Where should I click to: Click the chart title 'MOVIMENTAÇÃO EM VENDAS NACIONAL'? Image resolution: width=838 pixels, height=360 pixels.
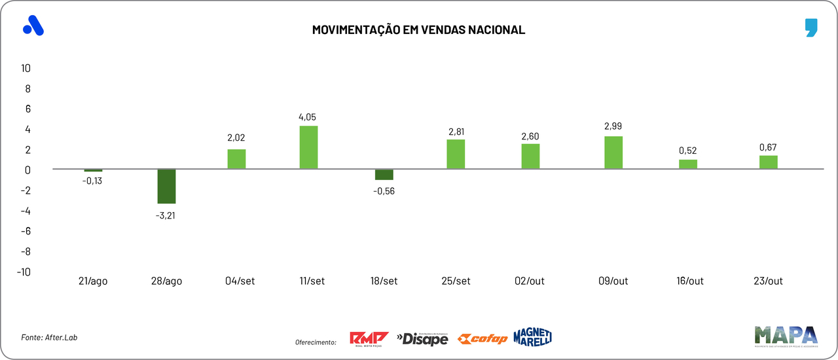click(x=418, y=30)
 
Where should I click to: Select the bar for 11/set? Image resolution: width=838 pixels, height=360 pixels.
click(x=308, y=148)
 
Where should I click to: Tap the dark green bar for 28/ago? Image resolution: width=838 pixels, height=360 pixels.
click(x=166, y=187)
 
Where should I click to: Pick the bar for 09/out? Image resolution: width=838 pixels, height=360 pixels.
click(x=613, y=153)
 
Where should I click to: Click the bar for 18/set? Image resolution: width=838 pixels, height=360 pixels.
click(x=384, y=175)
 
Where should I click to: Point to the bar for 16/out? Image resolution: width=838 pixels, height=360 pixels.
click(x=688, y=164)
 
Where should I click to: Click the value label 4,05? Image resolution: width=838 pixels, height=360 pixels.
click(x=308, y=117)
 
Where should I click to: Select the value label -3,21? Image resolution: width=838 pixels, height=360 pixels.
click(x=166, y=215)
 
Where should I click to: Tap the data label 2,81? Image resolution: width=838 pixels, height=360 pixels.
click(x=456, y=132)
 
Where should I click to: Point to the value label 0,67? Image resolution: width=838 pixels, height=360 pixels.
click(x=768, y=147)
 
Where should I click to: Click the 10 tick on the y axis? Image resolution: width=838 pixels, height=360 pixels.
click(x=27, y=68)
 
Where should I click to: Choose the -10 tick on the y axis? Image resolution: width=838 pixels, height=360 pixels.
click(x=24, y=272)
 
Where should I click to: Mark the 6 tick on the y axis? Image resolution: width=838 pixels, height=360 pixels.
click(x=27, y=109)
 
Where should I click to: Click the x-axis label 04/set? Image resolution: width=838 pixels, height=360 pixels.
click(x=240, y=281)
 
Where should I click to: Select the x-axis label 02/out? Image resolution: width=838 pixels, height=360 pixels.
click(x=530, y=281)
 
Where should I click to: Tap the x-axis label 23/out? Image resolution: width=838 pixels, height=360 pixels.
click(x=768, y=281)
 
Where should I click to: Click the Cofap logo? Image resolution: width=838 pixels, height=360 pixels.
click(x=483, y=338)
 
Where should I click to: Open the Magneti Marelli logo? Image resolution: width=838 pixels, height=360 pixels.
click(x=532, y=336)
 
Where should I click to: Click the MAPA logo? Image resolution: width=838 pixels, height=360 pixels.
click(x=786, y=336)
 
